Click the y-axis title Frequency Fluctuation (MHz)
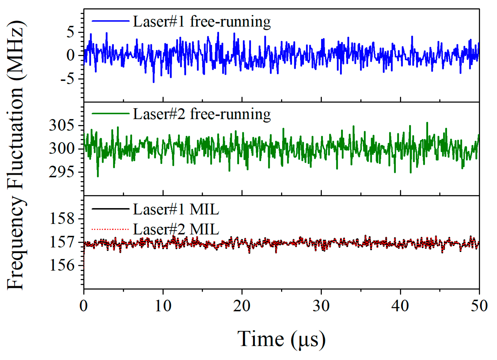click(16, 155)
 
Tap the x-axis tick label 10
click(163, 306)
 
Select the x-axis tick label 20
click(242, 306)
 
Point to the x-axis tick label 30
click(321, 306)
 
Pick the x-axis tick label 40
click(400, 306)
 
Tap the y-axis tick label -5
click(67, 79)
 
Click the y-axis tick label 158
click(62, 218)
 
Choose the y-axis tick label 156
click(62, 265)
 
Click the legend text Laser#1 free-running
click(202, 22)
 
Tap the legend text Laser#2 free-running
click(202, 114)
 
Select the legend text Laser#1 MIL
click(176, 209)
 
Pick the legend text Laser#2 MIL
click(176, 229)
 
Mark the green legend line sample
click(110, 114)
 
